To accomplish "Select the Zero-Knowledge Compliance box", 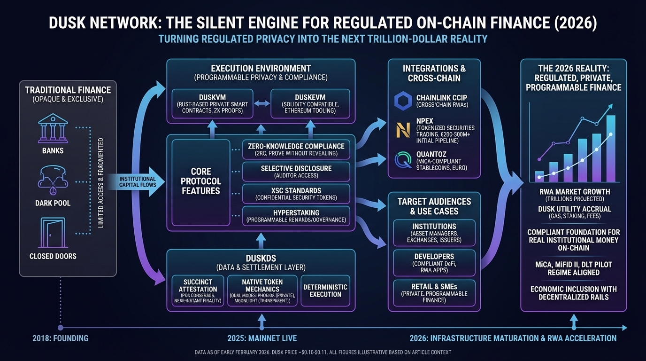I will click(296, 149).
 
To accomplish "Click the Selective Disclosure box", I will click(296, 172).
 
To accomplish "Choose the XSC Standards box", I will click(296, 194).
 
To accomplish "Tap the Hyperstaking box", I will click(296, 216).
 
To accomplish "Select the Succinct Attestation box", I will click(198, 290).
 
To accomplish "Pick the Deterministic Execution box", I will click(325, 290).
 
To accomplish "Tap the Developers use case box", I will click(434, 264).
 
